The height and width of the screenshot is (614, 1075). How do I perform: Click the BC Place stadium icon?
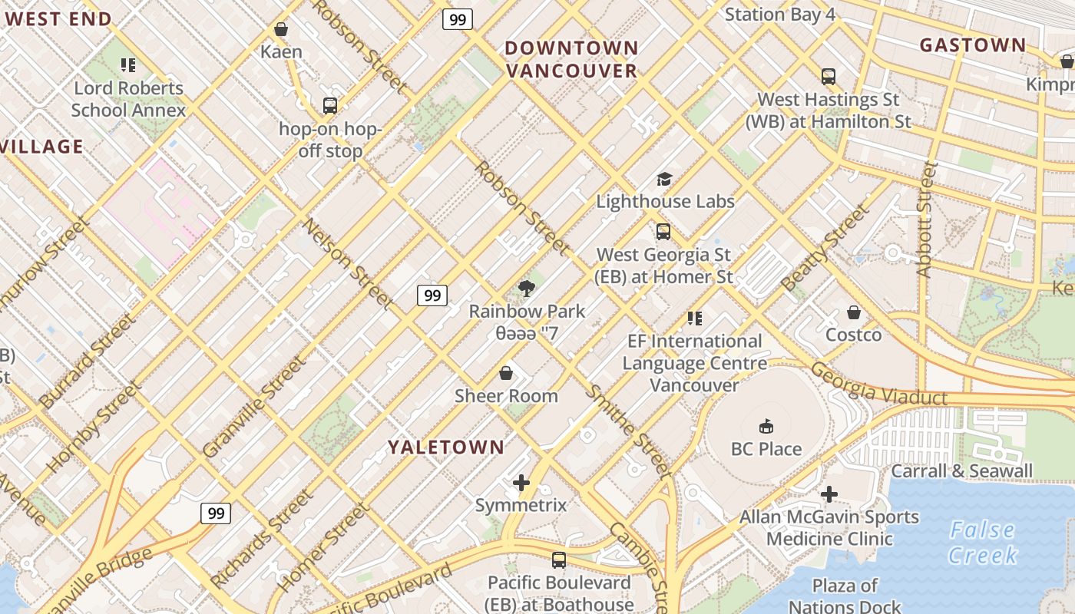tap(766, 426)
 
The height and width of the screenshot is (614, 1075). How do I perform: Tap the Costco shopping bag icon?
tap(853, 312)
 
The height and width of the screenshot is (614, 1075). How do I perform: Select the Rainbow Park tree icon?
tap(526, 289)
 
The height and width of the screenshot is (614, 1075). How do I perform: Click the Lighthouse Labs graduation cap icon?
tap(664, 179)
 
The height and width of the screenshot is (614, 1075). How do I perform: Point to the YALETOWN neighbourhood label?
tap(446, 447)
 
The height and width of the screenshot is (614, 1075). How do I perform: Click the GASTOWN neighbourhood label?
tap(972, 45)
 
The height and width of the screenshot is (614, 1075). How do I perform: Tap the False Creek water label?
tap(982, 542)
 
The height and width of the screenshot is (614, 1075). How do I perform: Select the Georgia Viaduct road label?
tap(878, 385)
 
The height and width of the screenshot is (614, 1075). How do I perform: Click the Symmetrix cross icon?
tap(521, 483)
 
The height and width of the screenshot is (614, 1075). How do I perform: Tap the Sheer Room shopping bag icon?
tap(506, 374)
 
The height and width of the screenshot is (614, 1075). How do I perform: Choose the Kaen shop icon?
tap(281, 29)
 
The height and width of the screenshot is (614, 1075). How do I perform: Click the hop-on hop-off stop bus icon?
tap(330, 106)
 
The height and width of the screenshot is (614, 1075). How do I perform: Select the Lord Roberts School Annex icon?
tap(128, 66)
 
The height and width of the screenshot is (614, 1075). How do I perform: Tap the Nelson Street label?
tap(348, 265)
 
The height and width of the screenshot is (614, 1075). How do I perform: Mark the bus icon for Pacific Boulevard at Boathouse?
tap(559, 560)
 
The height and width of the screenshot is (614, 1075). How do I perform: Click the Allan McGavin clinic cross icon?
tap(829, 494)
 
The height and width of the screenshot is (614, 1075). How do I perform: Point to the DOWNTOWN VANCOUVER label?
tap(571, 59)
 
